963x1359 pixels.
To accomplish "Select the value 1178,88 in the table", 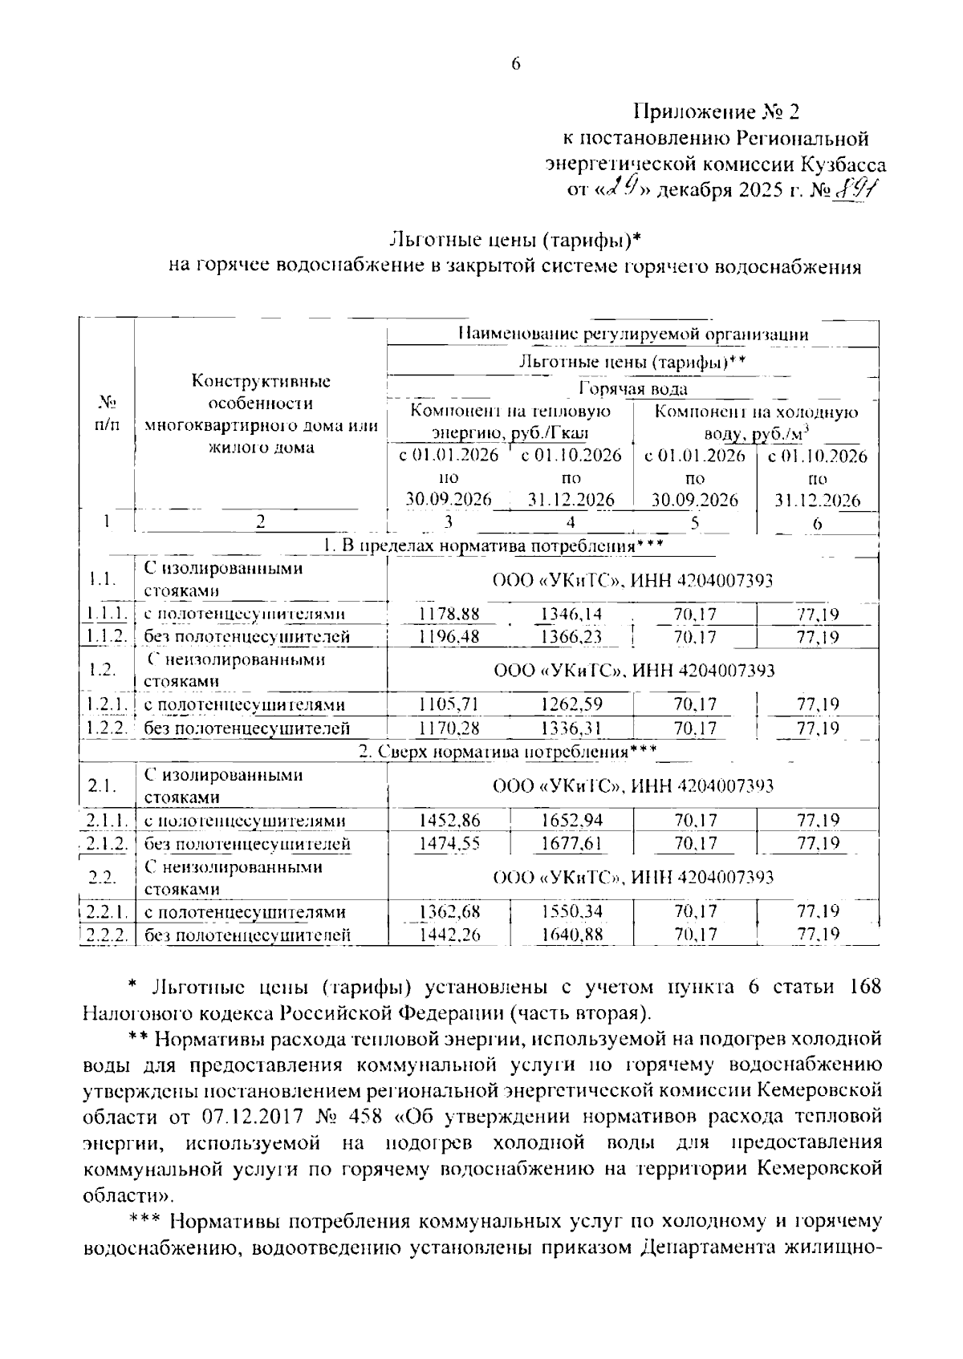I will click(449, 615).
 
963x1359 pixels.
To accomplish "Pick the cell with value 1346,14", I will click(571, 615).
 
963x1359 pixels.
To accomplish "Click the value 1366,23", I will click(571, 637).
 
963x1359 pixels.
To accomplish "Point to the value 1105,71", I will click(449, 705).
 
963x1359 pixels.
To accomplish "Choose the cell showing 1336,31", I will click(571, 728).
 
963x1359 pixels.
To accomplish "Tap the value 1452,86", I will click(449, 821).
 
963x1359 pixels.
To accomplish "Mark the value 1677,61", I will click(571, 844).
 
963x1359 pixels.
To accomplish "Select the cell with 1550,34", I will click(571, 912).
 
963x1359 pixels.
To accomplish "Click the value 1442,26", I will click(449, 935).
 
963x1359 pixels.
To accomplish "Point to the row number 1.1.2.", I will click(108, 637).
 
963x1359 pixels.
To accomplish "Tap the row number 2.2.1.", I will click(108, 912).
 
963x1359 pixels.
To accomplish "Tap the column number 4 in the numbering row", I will click(571, 522).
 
